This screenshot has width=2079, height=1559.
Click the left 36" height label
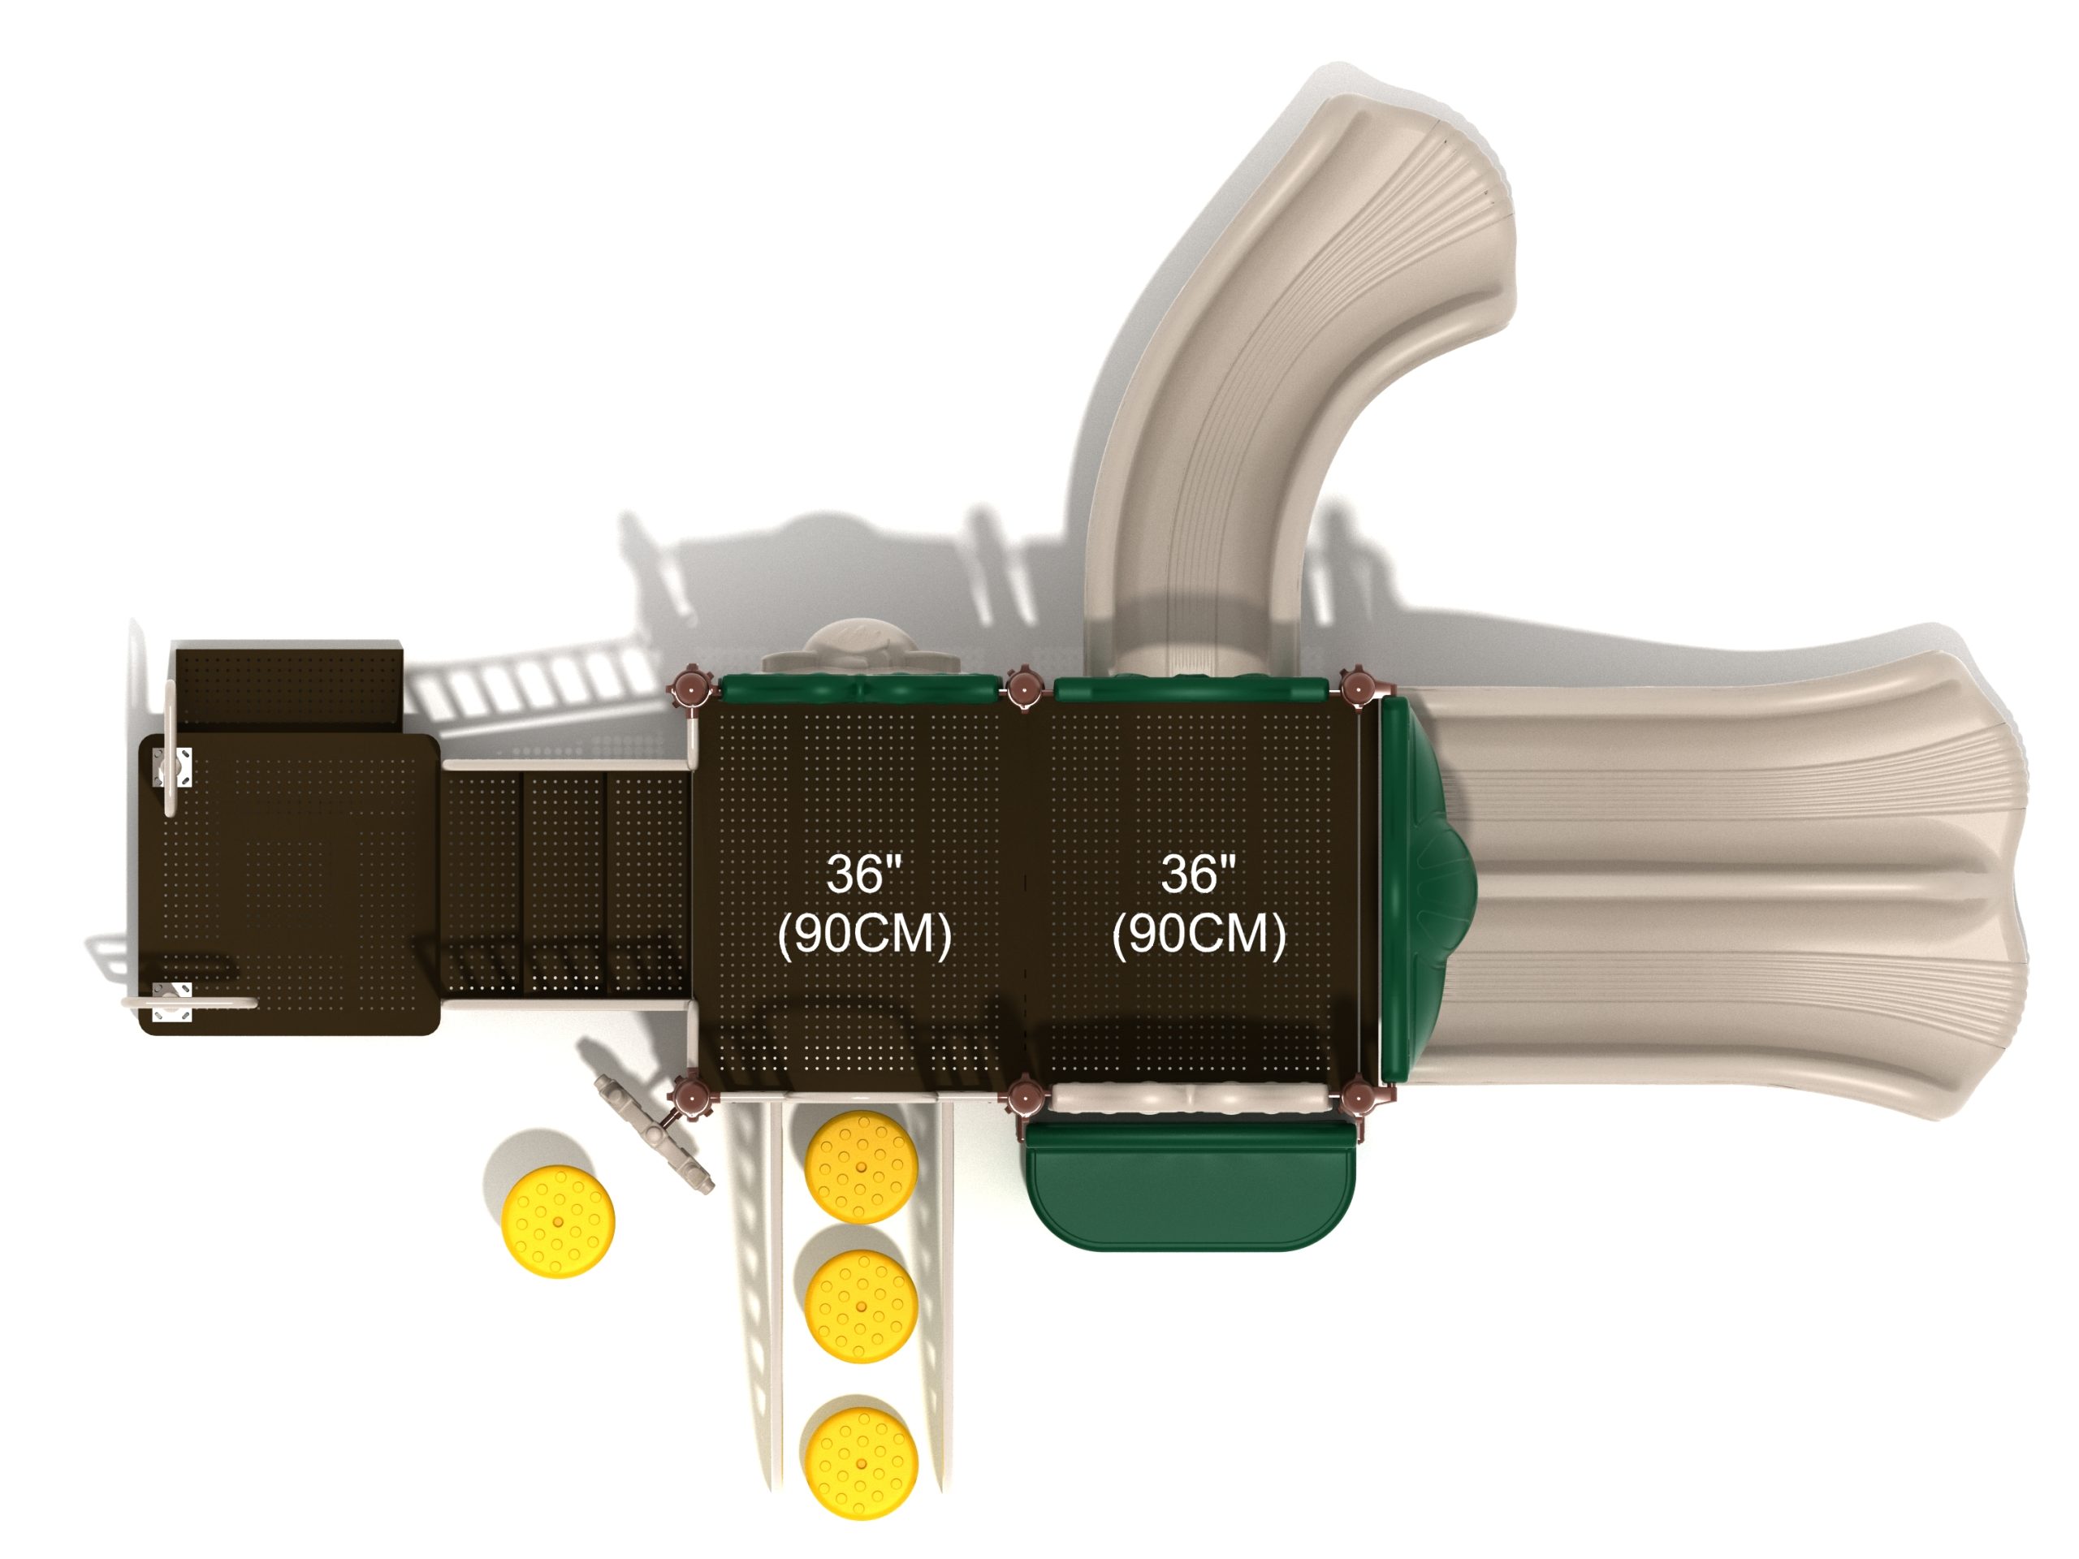click(864, 874)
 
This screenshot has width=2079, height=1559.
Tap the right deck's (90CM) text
click(1199, 933)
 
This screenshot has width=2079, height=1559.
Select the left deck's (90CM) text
click(865, 933)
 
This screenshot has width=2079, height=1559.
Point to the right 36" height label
click(1199, 874)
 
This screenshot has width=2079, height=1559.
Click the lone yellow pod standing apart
click(558, 1222)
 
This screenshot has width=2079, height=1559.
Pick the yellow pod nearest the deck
click(862, 1167)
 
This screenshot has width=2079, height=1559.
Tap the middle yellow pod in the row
click(862, 1306)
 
